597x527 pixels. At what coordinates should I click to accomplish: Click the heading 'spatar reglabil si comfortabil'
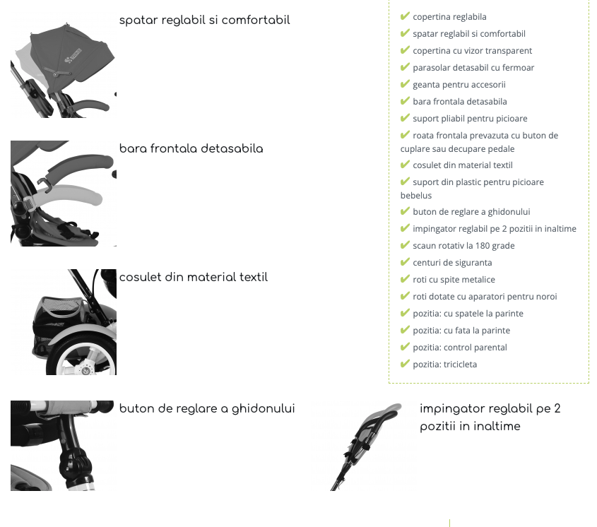[x=204, y=20]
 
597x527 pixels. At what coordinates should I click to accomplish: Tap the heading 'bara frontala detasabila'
[x=191, y=148]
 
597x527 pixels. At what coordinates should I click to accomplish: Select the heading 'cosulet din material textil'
[x=194, y=277]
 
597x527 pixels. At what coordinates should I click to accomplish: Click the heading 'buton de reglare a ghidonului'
[x=207, y=408]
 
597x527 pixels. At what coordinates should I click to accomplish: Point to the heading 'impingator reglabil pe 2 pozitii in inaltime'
[x=490, y=418]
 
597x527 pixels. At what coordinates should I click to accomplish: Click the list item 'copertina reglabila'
[x=449, y=17]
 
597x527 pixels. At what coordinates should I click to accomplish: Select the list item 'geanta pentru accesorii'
[x=459, y=85]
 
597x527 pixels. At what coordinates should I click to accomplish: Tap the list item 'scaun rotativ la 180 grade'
[x=463, y=246]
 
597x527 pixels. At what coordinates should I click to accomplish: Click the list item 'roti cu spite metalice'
[x=454, y=280]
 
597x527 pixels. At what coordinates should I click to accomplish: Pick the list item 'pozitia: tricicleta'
[x=444, y=364]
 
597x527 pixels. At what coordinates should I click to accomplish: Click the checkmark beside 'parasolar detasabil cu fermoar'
[x=405, y=67]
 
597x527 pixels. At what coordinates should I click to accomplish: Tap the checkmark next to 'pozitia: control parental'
[x=405, y=347]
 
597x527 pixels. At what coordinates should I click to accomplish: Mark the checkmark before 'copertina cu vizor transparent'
[x=405, y=50]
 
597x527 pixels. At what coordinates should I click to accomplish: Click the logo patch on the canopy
[x=73, y=56]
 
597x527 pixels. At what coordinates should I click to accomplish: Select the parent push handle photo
[x=365, y=446]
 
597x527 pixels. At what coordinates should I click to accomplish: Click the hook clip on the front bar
[x=45, y=184]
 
